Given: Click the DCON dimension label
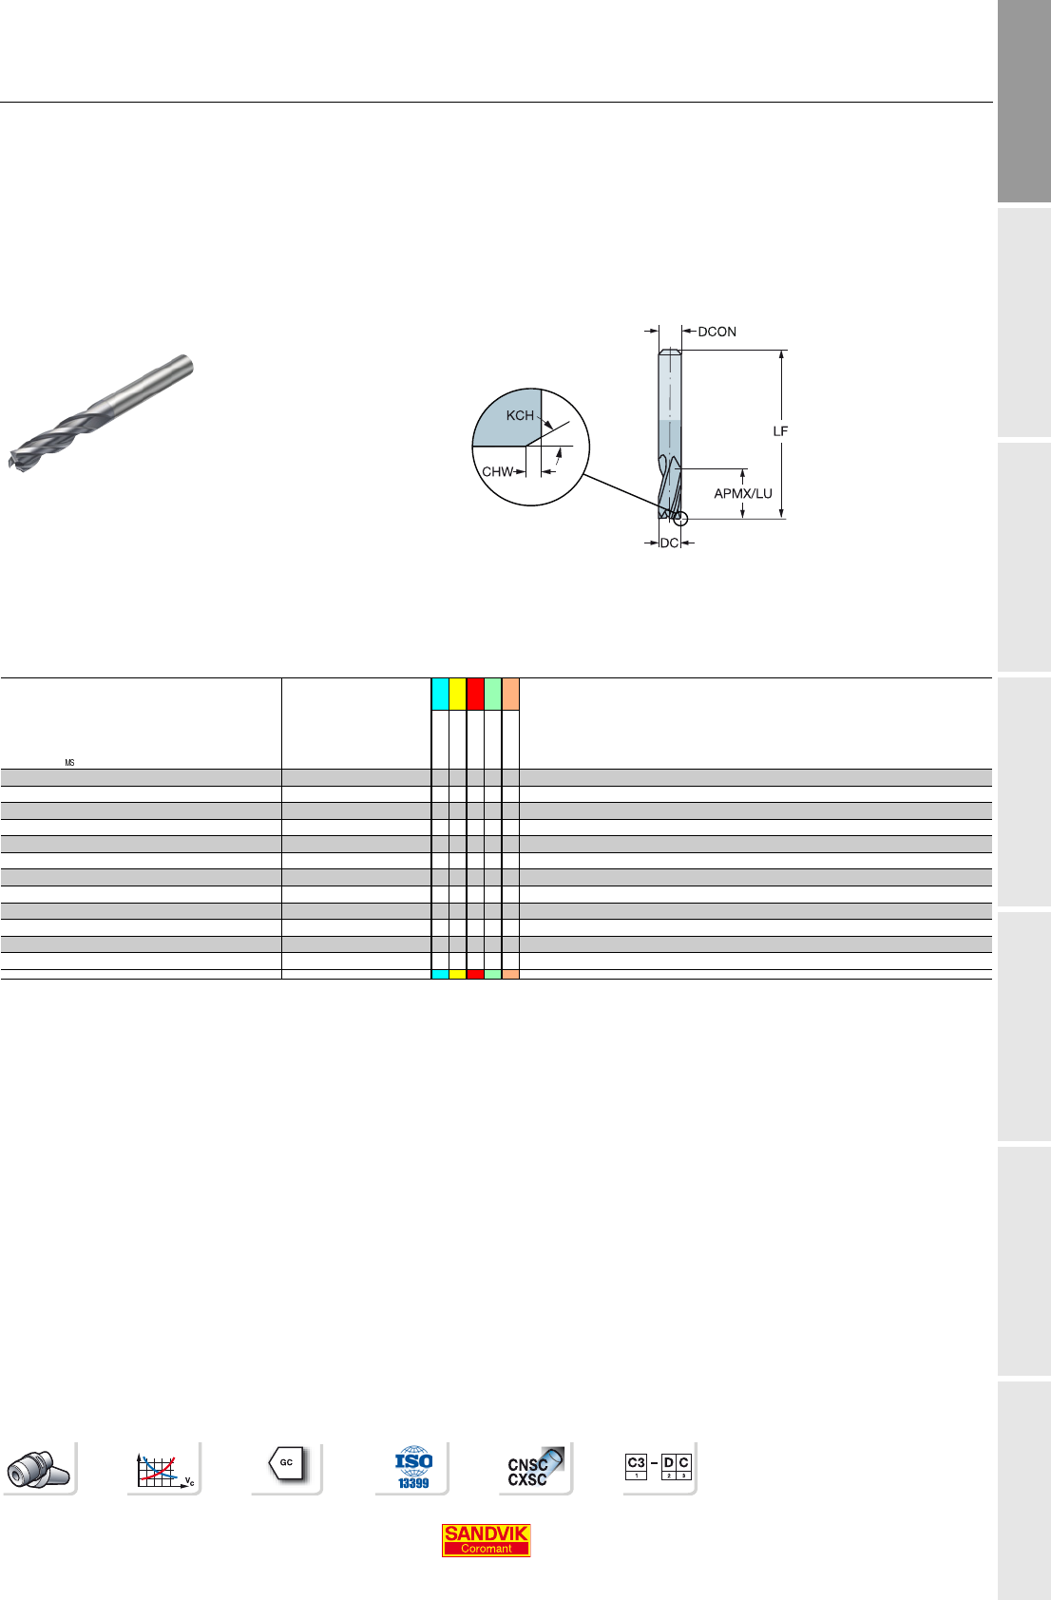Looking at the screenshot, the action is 717,332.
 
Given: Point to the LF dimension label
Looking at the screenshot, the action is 780,431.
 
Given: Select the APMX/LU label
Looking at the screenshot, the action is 743,493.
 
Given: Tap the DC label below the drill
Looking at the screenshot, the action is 670,543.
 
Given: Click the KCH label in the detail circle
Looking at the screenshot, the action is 520,415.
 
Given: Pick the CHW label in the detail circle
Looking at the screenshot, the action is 498,471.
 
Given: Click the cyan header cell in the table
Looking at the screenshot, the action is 440,695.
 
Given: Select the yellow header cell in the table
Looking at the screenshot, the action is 457,695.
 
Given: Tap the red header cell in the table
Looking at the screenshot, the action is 475,695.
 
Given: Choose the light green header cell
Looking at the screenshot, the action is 493,695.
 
